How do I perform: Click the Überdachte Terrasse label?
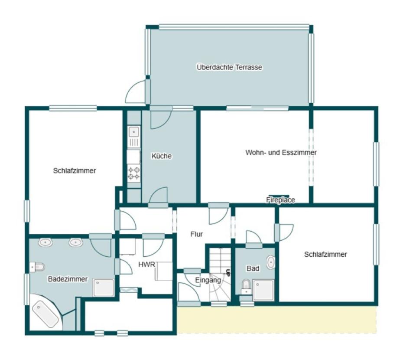coord(229,67)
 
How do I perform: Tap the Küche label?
coord(161,156)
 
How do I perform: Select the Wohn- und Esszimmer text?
coord(281,152)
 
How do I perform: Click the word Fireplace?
coord(280,200)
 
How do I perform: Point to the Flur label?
coord(197,234)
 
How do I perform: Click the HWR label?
coord(147,265)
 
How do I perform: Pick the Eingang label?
coord(208,280)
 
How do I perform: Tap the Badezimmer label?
coord(68,279)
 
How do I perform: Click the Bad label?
coord(253,268)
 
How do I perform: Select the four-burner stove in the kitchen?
coord(134,173)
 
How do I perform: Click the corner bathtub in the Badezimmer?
coord(46,314)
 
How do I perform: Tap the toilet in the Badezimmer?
coord(37,267)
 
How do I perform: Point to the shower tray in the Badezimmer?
coord(103,288)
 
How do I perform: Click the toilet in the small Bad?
coord(246,286)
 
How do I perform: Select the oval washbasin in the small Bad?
coord(271,262)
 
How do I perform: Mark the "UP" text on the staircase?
coord(227,273)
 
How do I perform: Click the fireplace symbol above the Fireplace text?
coord(279,196)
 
